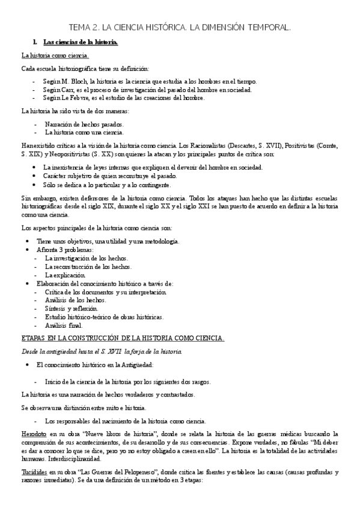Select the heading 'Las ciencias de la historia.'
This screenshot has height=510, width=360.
click(81, 41)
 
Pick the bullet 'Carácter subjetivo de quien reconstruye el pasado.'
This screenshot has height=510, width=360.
click(110, 176)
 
